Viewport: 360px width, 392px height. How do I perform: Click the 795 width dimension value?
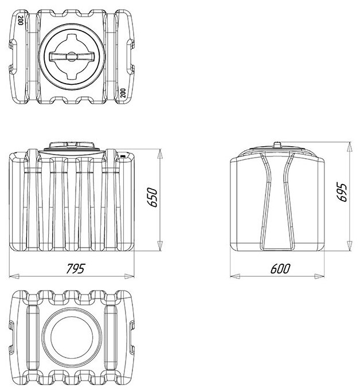pyautogui.click(x=76, y=269)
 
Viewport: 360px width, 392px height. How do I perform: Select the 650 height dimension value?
pyautogui.click(x=152, y=198)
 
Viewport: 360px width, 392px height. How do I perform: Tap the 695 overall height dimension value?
pyautogui.click(x=342, y=193)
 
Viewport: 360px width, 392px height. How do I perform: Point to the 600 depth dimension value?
pyautogui.click(x=280, y=269)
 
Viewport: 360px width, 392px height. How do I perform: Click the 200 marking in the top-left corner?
pyautogui.click(x=21, y=19)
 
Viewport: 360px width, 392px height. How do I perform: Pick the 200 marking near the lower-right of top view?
pyautogui.click(x=123, y=93)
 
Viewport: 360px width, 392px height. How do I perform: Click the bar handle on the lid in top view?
pyautogui.click(x=72, y=57)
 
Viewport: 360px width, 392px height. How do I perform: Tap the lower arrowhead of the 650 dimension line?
pyautogui.click(x=161, y=246)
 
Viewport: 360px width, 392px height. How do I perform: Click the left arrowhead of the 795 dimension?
pyautogui.click(x=14, y=276)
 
